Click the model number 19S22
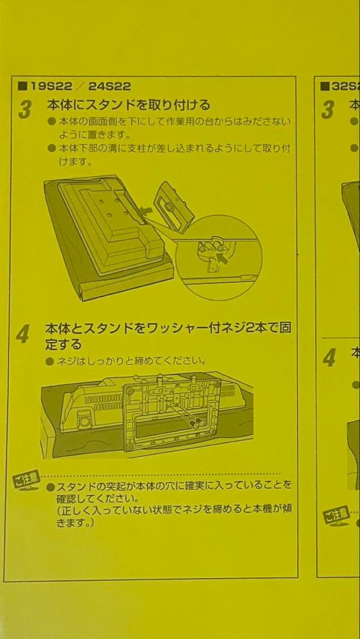[x=48, y=86]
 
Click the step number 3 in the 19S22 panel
[x=25, y=109]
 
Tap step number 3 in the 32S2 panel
[x=327, y=109]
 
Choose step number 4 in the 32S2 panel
[x=329, y=357]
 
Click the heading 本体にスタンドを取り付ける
[x=128, y=105]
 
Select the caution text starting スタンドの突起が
[x=170, y=490]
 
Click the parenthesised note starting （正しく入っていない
[x=172, y=512]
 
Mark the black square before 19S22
[x=22, y=86]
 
